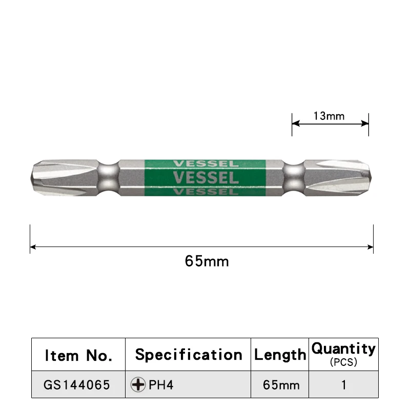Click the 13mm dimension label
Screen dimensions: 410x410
[x=329, y=116]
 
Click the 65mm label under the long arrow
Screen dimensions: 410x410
[x=207, y=261]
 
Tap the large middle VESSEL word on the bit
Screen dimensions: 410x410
[x=206, y=178]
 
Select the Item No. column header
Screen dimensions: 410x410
[x=78, y=355]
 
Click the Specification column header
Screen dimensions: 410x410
[x=189, y=355]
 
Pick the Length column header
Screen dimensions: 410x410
[x=280, y=355]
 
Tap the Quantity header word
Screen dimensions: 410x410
[x=343, y=349]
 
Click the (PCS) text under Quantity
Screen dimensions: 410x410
[x=343, y=362]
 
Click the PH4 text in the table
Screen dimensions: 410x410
[x=161, y=385]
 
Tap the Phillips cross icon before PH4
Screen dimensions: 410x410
[x=138, y=385]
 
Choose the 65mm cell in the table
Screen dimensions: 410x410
[x=280, y=385]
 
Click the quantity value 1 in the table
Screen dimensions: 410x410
[x=344, y=385]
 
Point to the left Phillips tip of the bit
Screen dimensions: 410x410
[x=38, y=178]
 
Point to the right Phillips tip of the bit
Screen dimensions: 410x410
[x=365, y=178]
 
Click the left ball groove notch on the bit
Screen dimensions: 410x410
[x=108, y=178]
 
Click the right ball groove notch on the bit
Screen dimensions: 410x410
[x=294, y=178]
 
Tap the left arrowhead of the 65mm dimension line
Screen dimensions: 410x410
[x=33, y=248]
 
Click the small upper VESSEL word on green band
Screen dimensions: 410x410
[x=206, y=164]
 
